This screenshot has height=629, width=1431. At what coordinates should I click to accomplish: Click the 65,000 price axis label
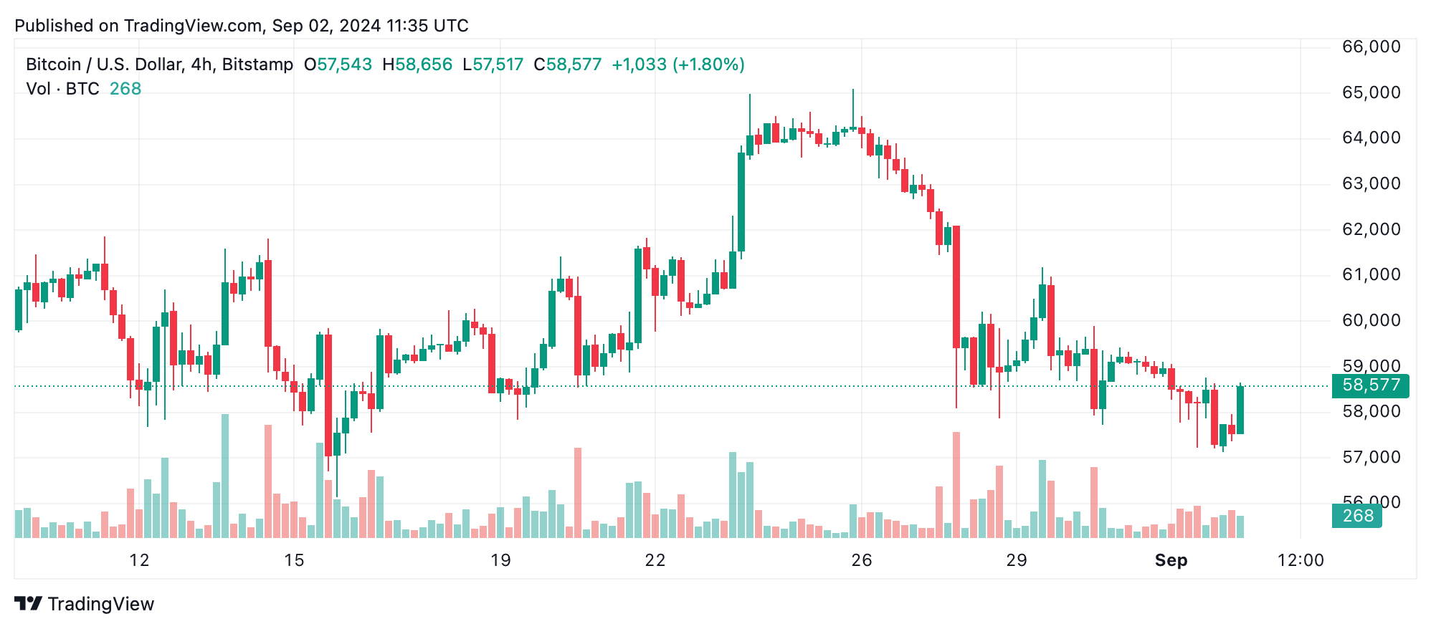coord(1371,92)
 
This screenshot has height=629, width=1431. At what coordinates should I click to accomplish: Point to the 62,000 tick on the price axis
coord(1371,229)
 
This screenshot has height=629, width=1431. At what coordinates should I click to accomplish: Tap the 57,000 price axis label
coord(1371,457)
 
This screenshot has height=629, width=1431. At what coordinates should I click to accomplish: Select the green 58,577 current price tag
coord(1370,385)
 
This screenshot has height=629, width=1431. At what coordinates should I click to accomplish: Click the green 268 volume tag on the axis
coord(1357,516)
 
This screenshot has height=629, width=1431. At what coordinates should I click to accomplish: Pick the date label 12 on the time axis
coord(139,560)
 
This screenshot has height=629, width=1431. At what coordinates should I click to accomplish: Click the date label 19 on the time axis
coord(500,560)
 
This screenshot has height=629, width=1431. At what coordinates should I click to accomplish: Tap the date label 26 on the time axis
coord(861,560)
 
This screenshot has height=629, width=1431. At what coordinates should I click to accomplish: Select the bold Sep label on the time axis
coord(1171,560)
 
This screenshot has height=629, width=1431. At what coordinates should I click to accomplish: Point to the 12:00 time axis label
coord(1301,560)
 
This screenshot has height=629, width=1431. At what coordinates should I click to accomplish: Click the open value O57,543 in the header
coord(338,64)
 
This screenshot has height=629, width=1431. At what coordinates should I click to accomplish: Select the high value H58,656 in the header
coord(417,64)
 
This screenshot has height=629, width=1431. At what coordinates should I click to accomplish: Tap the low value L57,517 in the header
coord(493,64)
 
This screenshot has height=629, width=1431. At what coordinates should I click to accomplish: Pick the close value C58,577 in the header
coord(567,64)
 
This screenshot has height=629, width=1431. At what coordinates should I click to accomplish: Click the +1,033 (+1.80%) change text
coord(678,64)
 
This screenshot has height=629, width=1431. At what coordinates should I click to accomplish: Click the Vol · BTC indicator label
coord(62,89)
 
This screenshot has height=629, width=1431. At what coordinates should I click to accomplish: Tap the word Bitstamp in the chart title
coord(257,64)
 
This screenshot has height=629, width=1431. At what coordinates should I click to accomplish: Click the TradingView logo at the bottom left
coord(85,604)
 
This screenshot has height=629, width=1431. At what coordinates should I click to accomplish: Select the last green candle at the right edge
coord(1240,410)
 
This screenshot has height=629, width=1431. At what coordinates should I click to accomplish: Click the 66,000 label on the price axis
coord(1371,47)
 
